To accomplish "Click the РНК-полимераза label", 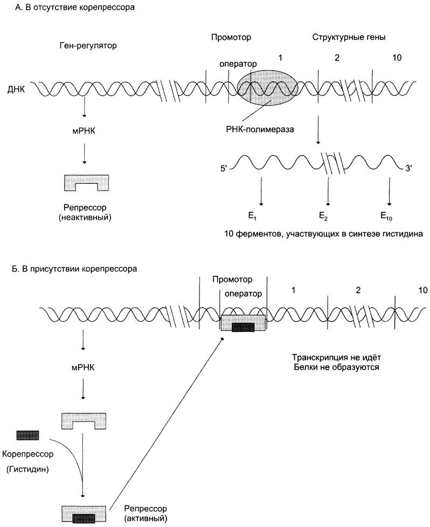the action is [260, 129].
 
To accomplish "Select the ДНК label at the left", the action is [16, 89].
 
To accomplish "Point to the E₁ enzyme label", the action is [252, 216].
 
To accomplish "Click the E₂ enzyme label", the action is [323, 216].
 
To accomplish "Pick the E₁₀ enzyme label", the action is [386, 216].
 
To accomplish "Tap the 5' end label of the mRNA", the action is [224, 168].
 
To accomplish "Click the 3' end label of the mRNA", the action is [408, 168].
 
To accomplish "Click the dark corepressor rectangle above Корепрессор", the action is [27, 435].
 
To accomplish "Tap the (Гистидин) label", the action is [27, 469].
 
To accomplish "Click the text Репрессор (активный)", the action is [145, 514].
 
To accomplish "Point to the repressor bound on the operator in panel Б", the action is [243, 323].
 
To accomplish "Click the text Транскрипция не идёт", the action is [336, 357].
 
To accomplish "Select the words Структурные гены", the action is [349, 37].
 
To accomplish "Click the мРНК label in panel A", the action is [84, 131].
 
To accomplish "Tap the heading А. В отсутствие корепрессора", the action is [75, 8].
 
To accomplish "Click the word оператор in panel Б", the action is [243, 294].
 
